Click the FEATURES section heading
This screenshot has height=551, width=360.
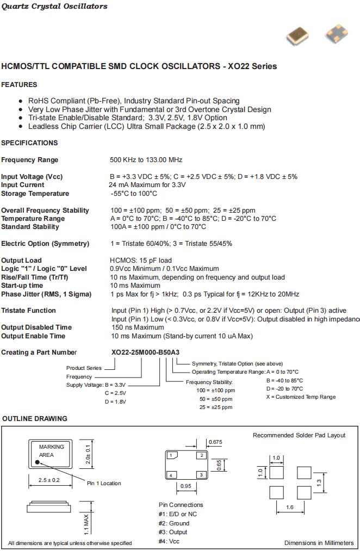click(19, 85)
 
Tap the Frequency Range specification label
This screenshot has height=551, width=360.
click(29, 160)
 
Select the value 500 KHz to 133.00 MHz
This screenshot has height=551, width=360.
click(146, 160)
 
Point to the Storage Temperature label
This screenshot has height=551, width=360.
click(35, 194)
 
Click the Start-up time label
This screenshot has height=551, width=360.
click(22, 286)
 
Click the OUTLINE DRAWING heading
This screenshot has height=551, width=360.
click(35, 419)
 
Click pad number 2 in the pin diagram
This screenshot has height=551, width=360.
click(201, 455)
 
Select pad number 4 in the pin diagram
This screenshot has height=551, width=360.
click(171, 475)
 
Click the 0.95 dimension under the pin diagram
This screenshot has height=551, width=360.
click(185, 486)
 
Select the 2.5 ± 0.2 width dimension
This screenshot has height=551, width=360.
click(50, 480)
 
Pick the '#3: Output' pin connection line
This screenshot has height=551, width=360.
click(173, 532)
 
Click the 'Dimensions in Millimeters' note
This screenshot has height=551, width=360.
click(319, 543)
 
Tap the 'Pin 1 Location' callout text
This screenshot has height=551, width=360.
click(104, 483)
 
